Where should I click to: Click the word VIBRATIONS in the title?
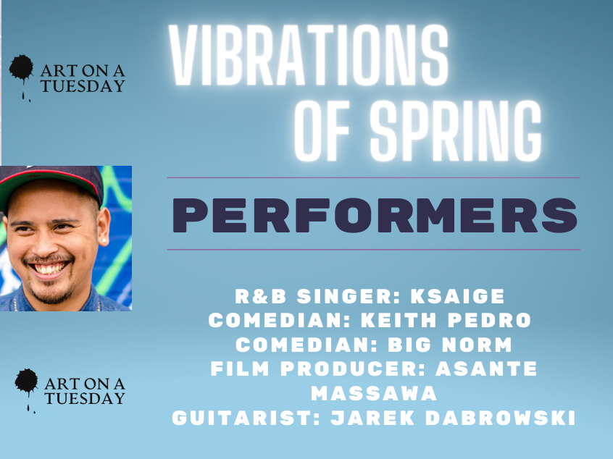pyautogui.click(x=309, y=55)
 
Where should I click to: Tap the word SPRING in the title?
pyautogui.click(x=456, y=131)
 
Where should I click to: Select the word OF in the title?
pyautogui.click(x=322, y=131)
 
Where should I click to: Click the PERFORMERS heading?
pyautogui.click(x=375, y=215)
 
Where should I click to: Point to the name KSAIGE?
pyautogui.click(x=457, y=296)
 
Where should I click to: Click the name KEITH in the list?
pyautogui.click(x=399, y=320)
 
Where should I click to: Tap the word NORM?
pyautogui.click(x=477, y=345)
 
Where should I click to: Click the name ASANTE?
pyautogui.click(x=486, y=369)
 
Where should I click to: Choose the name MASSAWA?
pyautogui.click(x=374, y=393)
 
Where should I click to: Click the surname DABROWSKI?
pyautogui.click(x=501, y=418)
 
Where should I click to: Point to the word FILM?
pyautogui.click(x=240, y=369)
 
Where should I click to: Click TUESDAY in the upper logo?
pyautogui.click(x=83, y=86)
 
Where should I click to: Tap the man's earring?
pyautogui.click(x=104, y=240)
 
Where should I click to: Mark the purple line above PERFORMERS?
pyautogui.click(x=373, y=178)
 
